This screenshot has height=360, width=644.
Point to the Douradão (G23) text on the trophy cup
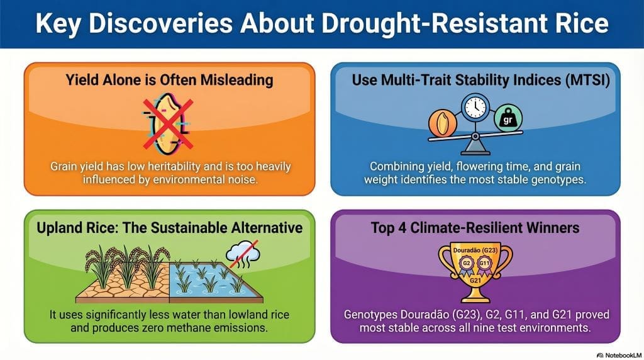pos(475,250)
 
